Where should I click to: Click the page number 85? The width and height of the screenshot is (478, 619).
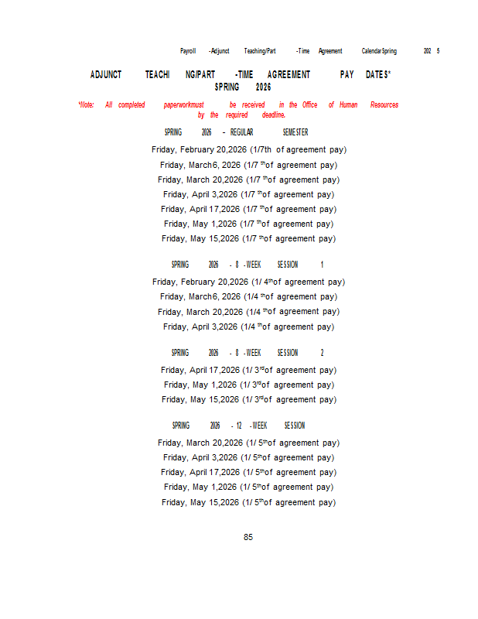coord(248,537)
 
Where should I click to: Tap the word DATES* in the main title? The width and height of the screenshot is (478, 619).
coord(378,75)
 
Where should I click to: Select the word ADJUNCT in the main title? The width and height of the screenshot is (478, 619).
coord(106,75)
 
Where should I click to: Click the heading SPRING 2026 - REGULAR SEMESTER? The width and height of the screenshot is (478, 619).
coord(236,132)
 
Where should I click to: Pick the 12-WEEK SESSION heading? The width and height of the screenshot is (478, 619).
coord(238,426)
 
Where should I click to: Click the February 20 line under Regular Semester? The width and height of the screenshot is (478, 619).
coord(248,149)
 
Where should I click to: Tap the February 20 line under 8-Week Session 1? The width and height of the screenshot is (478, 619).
coord(248,282)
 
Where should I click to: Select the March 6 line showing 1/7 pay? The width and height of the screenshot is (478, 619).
coord(248,165)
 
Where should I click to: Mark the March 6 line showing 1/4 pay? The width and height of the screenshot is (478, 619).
coord(248,297)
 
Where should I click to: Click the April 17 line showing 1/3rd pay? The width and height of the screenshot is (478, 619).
coord(248,370)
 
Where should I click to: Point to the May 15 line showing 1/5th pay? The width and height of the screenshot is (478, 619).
coord(248,502)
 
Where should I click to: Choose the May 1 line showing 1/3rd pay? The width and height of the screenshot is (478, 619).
coord(248,385)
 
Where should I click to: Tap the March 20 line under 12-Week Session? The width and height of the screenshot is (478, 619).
coord(248,443)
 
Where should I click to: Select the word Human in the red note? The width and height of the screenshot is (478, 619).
coord(348,104)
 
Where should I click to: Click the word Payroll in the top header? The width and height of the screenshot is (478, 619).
coord(188,51)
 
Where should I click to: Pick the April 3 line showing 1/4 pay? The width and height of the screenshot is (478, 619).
coord(248,327)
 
